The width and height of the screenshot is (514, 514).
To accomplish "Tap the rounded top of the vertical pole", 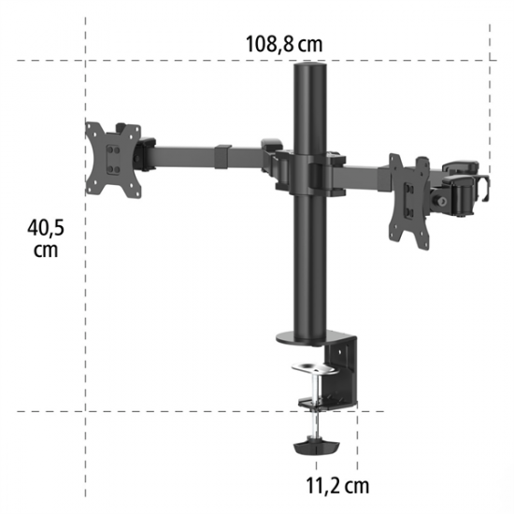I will (311, 70).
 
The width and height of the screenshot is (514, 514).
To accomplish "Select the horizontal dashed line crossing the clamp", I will (187, 410).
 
